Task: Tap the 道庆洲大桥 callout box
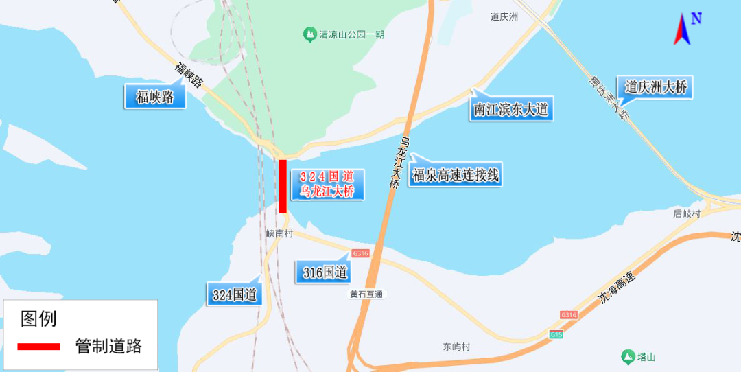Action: pyautogui.click(x=655, y=87)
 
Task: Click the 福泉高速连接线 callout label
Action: pyautogui.click(x=456, y=176)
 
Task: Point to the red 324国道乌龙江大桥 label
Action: pyautogui.click(x=327, y=185)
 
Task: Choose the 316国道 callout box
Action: pyautogui.click(x=325, y=273)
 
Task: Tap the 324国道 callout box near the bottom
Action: pyautogui.click(x=235, y=295)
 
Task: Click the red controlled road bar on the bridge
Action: pyautogui.click(x=283, y=186)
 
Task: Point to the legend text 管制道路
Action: pyautogui.click(x=108, y=347)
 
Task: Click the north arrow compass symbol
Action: pyautogui.click(x=684, y=29)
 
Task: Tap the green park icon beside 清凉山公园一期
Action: pyautogui.click(x=309, y=34)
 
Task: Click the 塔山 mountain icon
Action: pyautogui.click(x=627, y=357)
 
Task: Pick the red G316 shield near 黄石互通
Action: pyautogui.click(x=360, y=253)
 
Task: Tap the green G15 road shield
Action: pyautogui.click(x=556, y=335)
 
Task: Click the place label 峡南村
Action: pyautogui.click(x=280, y=233)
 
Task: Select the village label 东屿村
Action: pyautogui.click(x=456, y=347)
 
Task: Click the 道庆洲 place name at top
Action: pyautogui.click(x=504, y=17)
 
